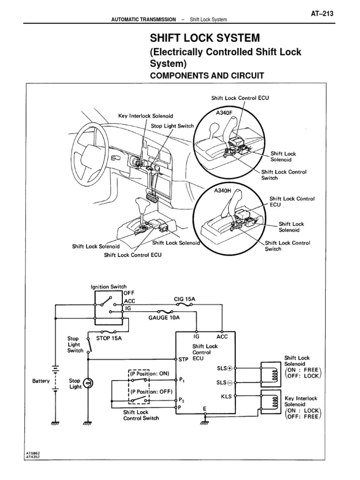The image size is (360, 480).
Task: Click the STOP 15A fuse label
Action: tap(109, 336)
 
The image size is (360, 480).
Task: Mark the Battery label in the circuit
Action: tap(41, 381)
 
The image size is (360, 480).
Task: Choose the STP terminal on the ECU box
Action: tap(183, 360)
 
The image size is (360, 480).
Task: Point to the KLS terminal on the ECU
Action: tap(226, 396)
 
